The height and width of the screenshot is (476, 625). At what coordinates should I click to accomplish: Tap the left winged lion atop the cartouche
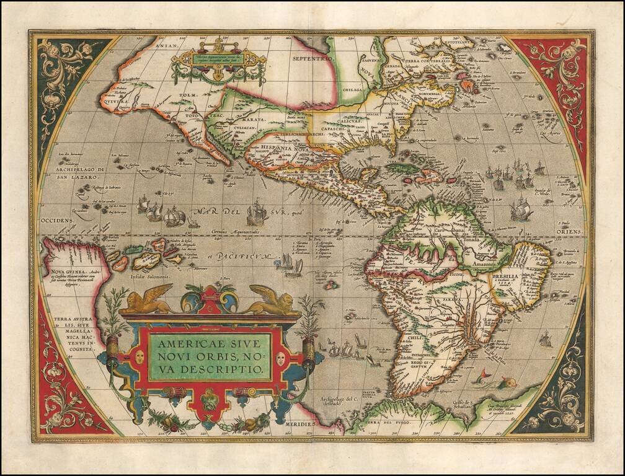point(148,300)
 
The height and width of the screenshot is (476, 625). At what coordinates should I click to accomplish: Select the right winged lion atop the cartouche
point(271,301)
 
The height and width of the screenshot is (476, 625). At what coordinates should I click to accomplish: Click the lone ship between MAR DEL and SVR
point(256,213)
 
